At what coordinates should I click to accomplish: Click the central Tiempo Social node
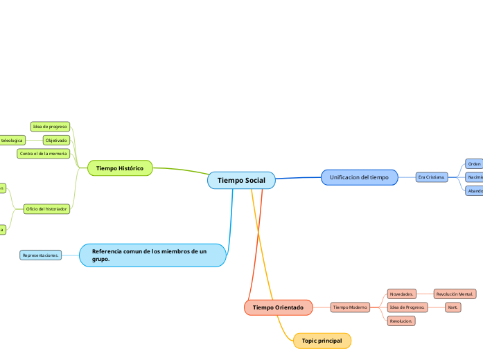click(241, 180)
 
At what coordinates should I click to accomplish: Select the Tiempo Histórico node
click(120, 168)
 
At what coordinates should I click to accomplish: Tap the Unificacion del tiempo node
click(359, 177)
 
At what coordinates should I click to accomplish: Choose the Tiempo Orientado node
click(278, 307)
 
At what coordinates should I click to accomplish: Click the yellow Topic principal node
click(322, 341)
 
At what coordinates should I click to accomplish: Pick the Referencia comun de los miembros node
click(152, 254)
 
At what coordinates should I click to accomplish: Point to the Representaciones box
click(41, 255)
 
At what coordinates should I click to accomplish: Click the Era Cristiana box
click(432, 177)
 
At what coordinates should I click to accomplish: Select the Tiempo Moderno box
click(350, 307)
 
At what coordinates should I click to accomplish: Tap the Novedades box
click(401, 294)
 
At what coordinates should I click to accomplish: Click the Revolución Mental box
click(455, 294)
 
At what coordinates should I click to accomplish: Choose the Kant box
click(453, 307)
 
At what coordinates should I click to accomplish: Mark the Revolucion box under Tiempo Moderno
click(401, 321)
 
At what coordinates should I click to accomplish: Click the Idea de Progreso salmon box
click(407, 307)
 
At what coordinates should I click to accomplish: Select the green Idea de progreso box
click(51, 127)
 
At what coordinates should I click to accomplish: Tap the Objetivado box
click(56, 140)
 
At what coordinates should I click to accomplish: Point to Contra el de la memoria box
click(44, 153)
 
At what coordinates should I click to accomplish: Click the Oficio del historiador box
click(46, 208)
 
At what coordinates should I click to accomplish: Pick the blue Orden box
click(474, 164)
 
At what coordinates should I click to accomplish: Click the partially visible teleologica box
click(12, 140)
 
